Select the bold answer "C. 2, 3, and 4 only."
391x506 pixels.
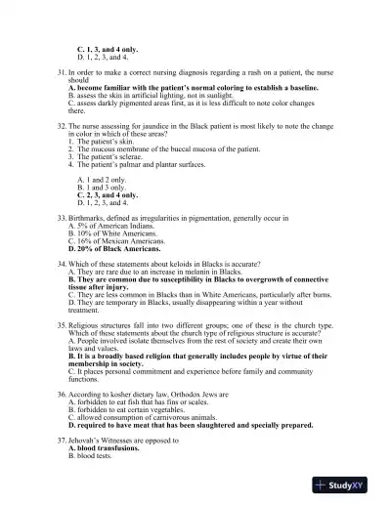click(x=108, y=195)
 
